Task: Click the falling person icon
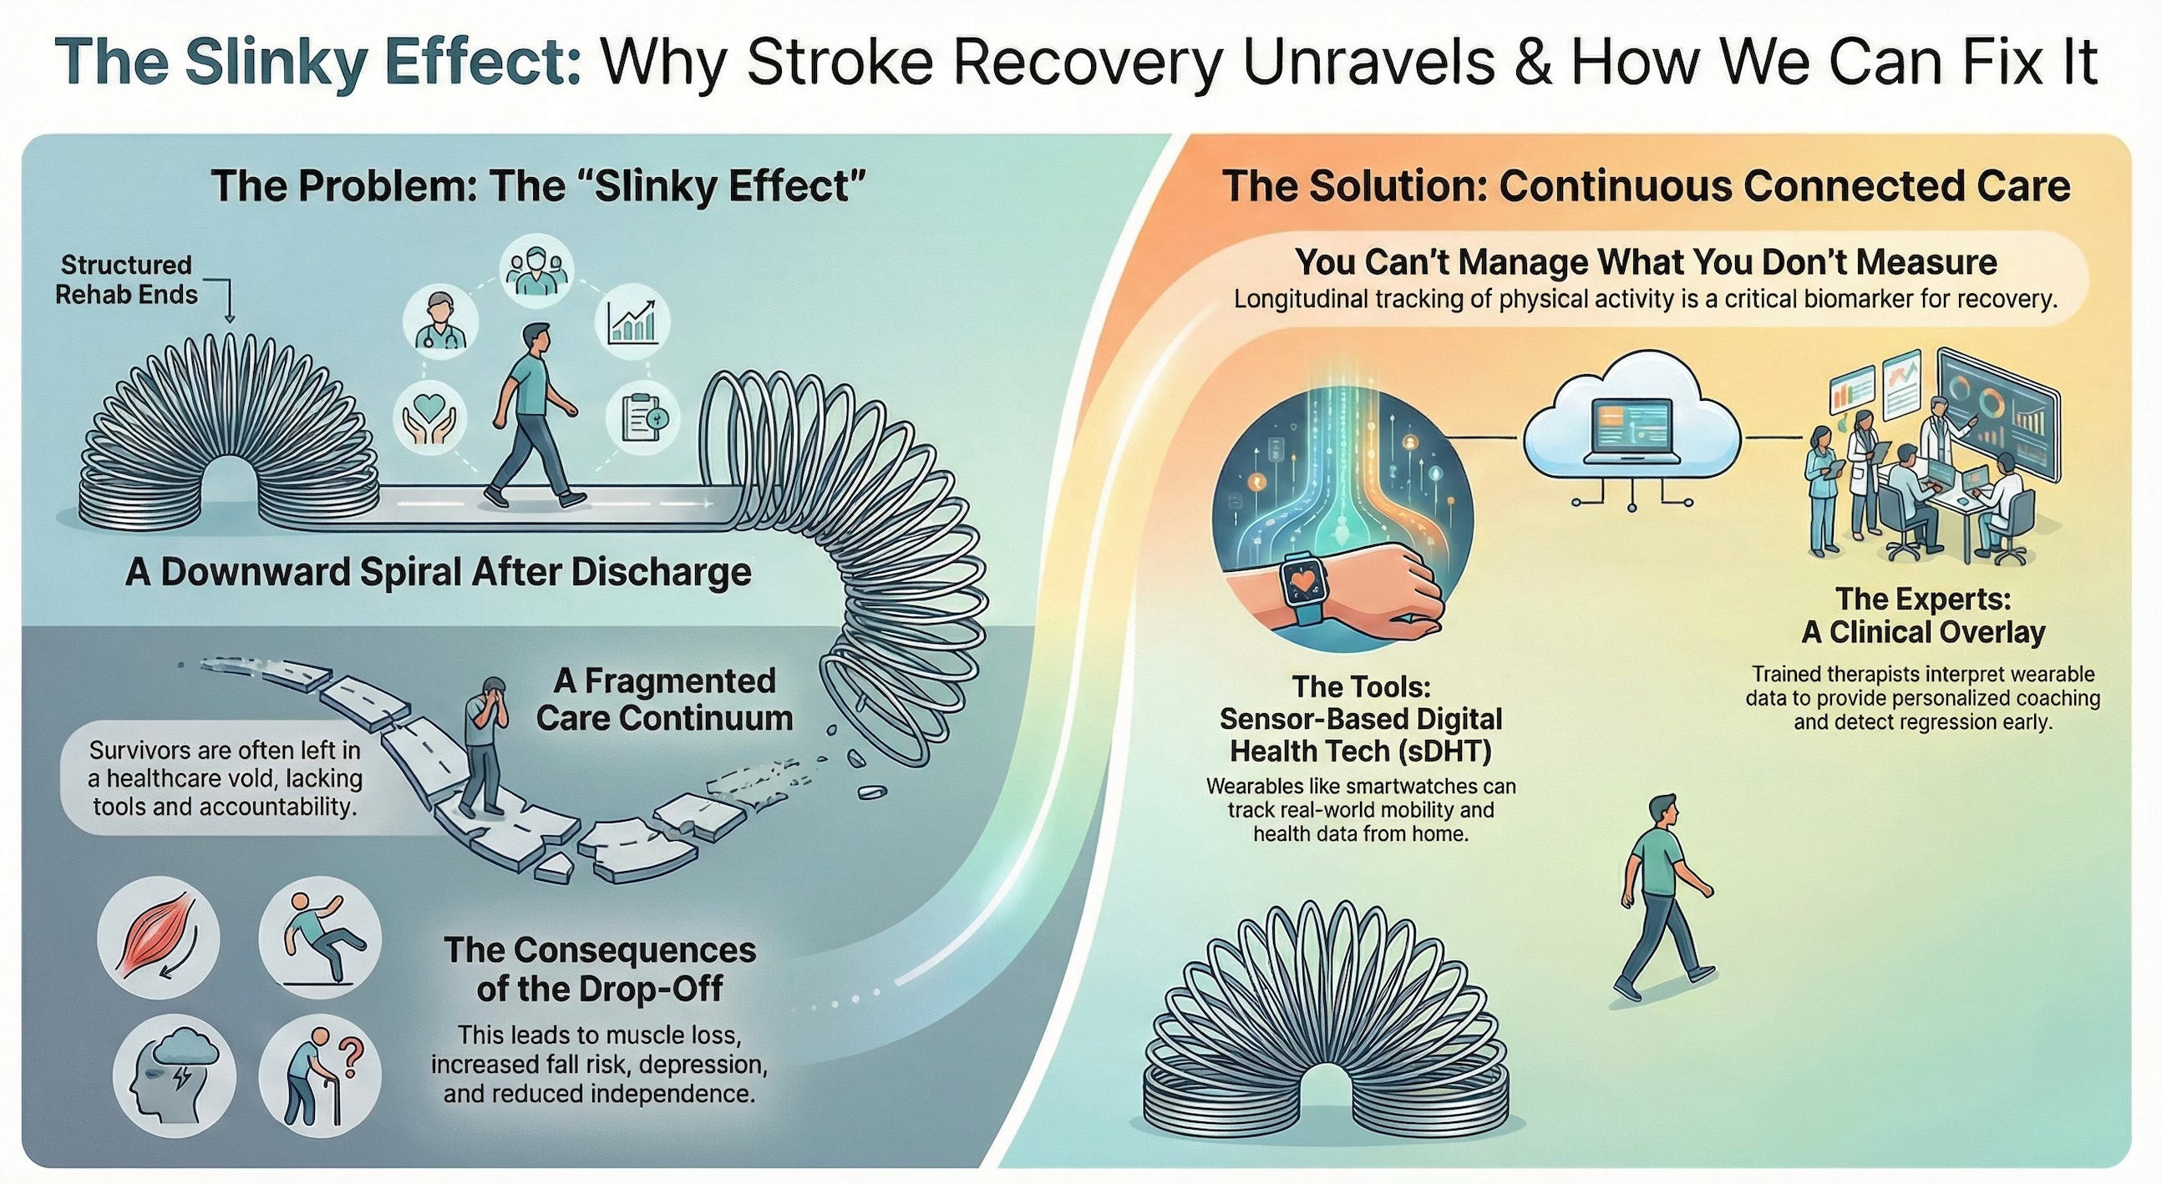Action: [320, 939]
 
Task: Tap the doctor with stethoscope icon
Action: [440, 321]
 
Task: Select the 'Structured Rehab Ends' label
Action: [126, 280]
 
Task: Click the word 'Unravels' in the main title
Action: [1372, 63]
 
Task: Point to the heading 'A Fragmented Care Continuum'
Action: [664, 699]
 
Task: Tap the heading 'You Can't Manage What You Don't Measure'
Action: [1646, 263]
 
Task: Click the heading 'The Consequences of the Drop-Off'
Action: [599, 969]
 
